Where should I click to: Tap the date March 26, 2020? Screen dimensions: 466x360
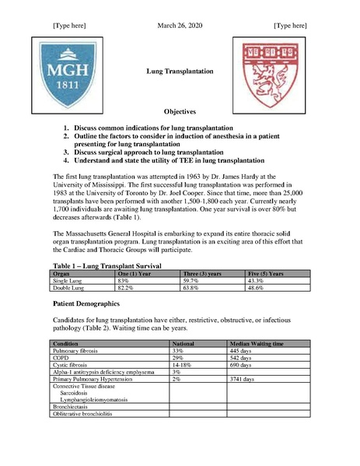click(x=180, y=26)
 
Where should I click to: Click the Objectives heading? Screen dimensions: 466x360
click(x=180, y=112)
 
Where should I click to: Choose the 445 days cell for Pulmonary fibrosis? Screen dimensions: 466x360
click(x=245, y=351)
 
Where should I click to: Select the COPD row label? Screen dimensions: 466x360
click(x=61, y=358)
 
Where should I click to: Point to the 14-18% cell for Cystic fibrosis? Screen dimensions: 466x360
click(x=183, y=365)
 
